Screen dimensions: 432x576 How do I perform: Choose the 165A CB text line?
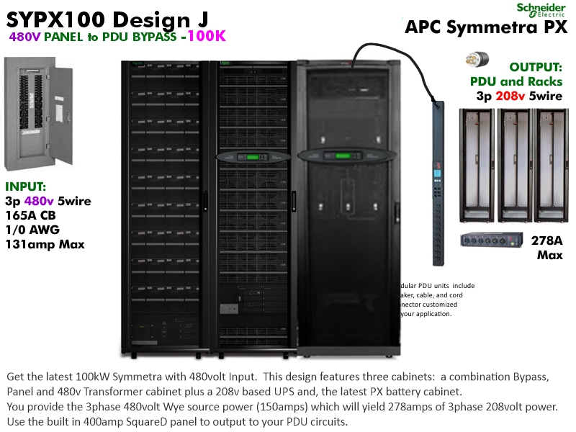(x=32, y=215)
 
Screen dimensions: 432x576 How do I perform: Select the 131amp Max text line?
(x=45, y=244)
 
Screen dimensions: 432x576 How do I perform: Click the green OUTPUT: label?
(x=536, y=66)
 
